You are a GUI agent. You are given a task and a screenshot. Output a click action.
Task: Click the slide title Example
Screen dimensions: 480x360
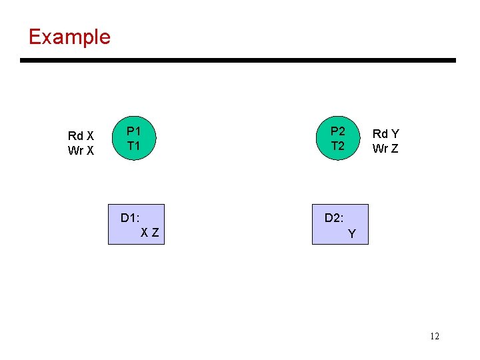[x=69, y=36]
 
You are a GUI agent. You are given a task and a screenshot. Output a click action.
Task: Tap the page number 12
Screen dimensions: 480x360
[x=435, y=336]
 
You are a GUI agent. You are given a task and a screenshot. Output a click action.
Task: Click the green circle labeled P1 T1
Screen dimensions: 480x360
[x=133, y=139]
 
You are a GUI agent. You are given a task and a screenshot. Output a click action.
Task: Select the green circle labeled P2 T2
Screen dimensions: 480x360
[x=338, y=139]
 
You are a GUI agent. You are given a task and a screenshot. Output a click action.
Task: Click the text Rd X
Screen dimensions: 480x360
[x=81, y=136]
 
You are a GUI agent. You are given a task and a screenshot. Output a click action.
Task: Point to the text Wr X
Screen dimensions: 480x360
[x=81, y=151]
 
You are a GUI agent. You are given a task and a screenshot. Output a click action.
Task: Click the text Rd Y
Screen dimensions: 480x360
[x=385, y=134]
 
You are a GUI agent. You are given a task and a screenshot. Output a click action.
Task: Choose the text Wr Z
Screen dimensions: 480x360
[x=385, y=149]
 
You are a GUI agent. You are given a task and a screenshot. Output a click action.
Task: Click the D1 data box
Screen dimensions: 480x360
[x=136, y=225]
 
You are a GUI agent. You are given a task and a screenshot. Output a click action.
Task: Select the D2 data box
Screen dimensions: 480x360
[x=340, y=225]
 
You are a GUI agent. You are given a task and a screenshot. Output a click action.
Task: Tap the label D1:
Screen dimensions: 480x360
[x=130, y=218]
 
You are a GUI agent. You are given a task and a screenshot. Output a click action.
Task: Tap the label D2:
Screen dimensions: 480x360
[x=334, y=218]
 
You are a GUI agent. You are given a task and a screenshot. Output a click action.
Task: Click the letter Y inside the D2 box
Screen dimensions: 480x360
[x=352, y=234]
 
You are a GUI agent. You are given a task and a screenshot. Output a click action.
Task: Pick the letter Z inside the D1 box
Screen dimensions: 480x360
[x=155, y=233]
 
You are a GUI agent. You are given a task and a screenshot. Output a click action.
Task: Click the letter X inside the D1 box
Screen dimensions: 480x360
[x=145, y=233]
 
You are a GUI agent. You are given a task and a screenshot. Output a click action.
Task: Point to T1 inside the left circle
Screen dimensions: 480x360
[x=133, y=146]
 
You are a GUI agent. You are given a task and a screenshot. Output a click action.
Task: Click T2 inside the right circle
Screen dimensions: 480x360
[x=338, y=146]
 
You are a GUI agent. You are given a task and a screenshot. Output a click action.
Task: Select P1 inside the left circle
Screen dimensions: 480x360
[x=133, y=131]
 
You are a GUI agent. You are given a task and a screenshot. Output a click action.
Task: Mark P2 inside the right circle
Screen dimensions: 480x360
[x=338, y=131]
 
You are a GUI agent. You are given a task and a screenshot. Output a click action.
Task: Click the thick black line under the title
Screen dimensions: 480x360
[x=238, y=61]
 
